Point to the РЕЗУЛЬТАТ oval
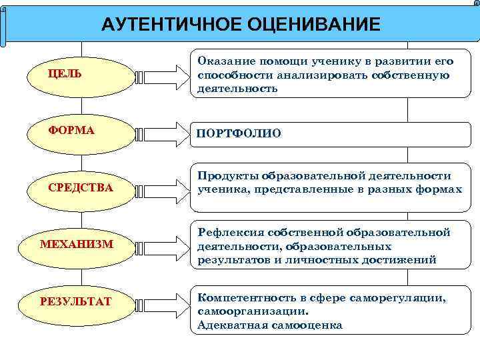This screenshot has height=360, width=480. pyautogui.click(x=75, y=301)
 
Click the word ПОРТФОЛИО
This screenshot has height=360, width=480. pyautogui.click(x=239, y=134)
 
